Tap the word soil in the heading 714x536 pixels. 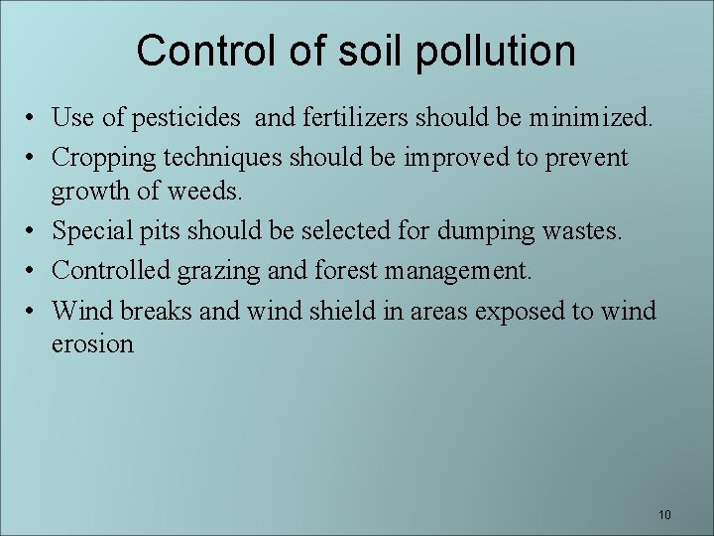[372, 50]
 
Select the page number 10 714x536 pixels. [663, 515]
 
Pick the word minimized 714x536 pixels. [591, 120]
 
